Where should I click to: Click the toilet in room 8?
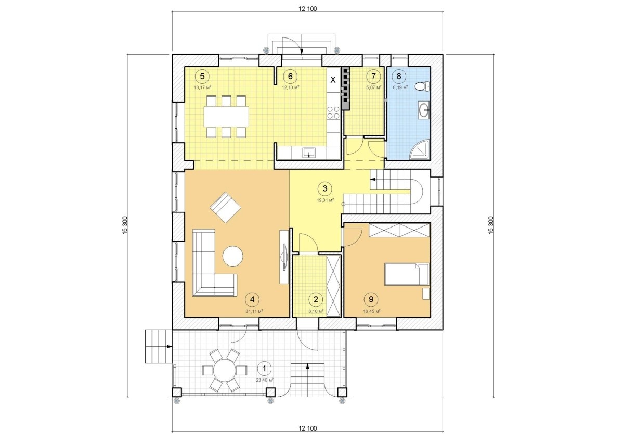tap(422, 86)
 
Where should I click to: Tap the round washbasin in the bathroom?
tap(424, 110)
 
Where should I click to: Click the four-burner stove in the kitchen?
tap(333, 112)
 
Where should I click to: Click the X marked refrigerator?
tap(333, 80)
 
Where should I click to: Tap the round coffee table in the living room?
tap(233, 256)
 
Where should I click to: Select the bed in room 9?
tap(407, 274)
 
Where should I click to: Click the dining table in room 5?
tap(226, 116)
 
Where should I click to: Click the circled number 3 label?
tap(325, 188)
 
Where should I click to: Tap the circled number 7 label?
tap(373, 76)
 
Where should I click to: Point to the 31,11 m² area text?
tap(254, 311)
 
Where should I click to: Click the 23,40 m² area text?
tap(264, 380)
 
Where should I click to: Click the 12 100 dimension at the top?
tap(307, 9)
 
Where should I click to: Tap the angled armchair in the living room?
tap(226, 207)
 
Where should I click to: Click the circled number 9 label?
tap(371, 299)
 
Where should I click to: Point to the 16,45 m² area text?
tap(372, 311)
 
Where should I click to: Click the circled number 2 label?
tap(316, 299)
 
